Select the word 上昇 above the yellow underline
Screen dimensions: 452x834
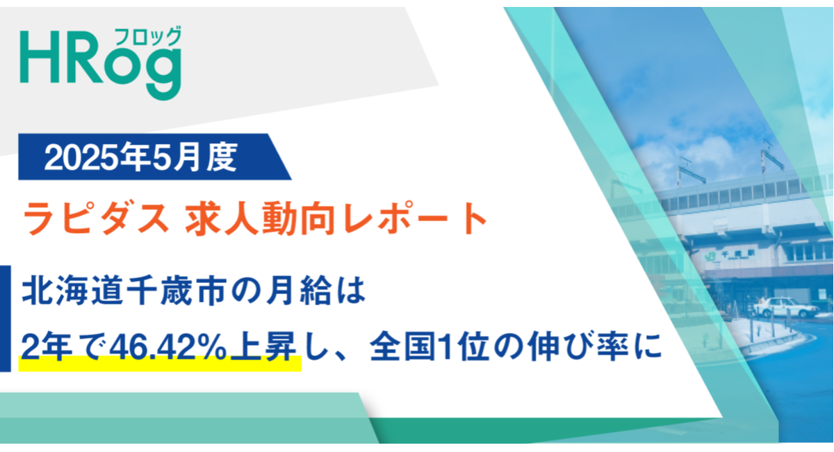pos(272,346)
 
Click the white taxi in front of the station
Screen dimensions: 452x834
pos(776,306)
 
